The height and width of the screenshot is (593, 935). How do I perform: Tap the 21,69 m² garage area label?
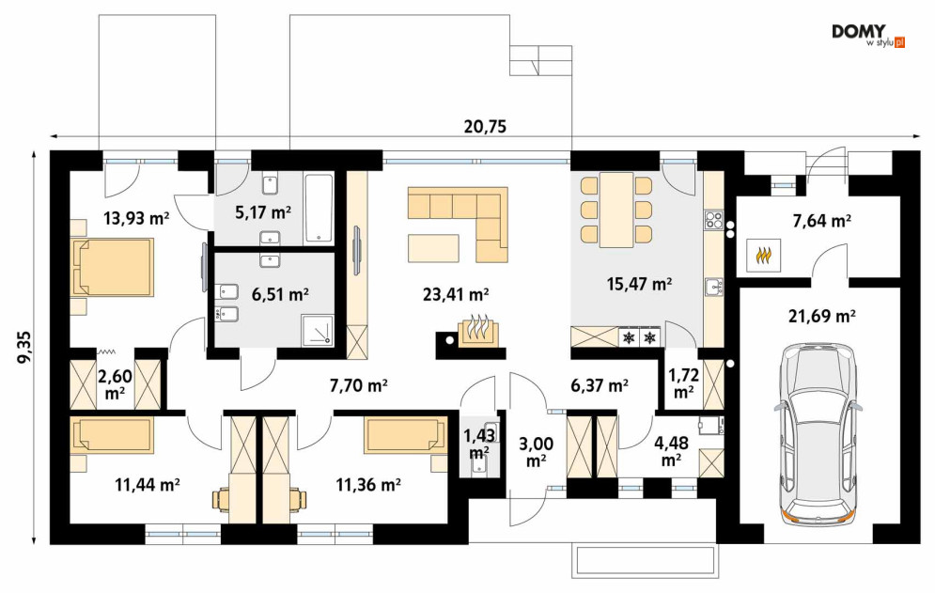pyautogui.click(x=822, y=315)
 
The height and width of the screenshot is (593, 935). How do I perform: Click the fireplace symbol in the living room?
pyautogui.click(x=475, y=331)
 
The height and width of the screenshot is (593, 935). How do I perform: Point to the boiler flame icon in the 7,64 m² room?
pyautogui.click(x=762, y=256)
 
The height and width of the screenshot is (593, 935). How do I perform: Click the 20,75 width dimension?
pyautogui.click(x=485, y=127)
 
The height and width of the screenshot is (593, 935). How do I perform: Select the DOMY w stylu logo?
pyautogui.click(x=867, y=35)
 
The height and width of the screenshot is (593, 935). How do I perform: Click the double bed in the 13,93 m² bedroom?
pyautogui.click(x=112, y=267)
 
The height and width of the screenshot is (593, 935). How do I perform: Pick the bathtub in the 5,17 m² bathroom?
pyautogui.click(x=319, y=209)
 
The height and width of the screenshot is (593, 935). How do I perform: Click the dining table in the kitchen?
pyautogui.click(x=616, y=210)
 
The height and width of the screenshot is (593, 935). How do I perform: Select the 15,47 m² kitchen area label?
pyautogui.click(x=639, y=284)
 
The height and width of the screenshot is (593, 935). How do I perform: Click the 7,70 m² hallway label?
pyautogui.click(x=358, y=386)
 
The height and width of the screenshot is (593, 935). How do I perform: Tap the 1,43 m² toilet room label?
pyautogui.click(x=479, y=444)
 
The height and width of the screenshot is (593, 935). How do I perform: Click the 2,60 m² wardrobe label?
pyautogui.click(x=115, y=384)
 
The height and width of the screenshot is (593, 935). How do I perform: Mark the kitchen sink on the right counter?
pyautogui.click(x=713, y=287)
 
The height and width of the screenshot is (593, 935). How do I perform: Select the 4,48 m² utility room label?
pyautogui.click(x=671, y=452)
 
